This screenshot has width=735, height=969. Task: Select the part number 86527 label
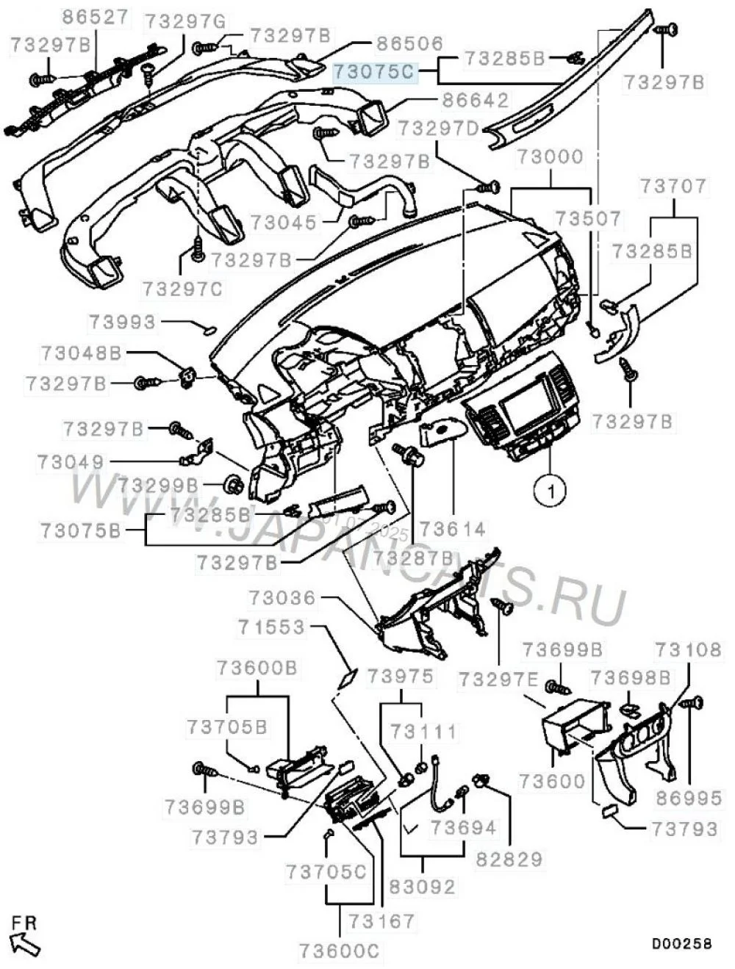[x=94, y=17]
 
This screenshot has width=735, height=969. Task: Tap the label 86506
[x=410, y=45]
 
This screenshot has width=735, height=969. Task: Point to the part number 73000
[x=550, y=156]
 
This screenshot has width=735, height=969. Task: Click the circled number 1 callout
[x=550, y=488]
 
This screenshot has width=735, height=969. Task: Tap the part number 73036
[x=282, y=598]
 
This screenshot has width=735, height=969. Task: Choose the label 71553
[x=270, y=627]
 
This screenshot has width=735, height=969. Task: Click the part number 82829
[x=509, y=857]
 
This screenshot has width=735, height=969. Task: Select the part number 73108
[x=688, y=649]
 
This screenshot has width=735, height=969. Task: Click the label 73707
[x=673, y=187]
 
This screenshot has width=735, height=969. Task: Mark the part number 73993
[x=123, y=322]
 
